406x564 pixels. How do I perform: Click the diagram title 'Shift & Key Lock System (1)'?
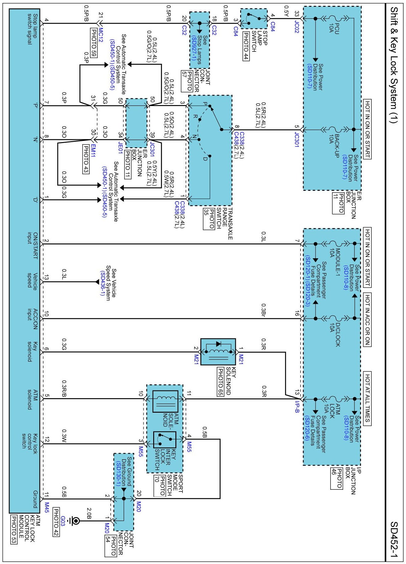(394, 65)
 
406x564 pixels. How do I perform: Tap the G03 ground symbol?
(75, 521)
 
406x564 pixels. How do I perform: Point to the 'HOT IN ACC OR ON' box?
(367, 320)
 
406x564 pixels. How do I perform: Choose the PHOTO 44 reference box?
(246, 46)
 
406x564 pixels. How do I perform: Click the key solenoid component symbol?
(218, 352)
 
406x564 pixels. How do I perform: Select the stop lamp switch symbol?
(253, 18)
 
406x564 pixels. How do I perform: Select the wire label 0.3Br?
(264, 310)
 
